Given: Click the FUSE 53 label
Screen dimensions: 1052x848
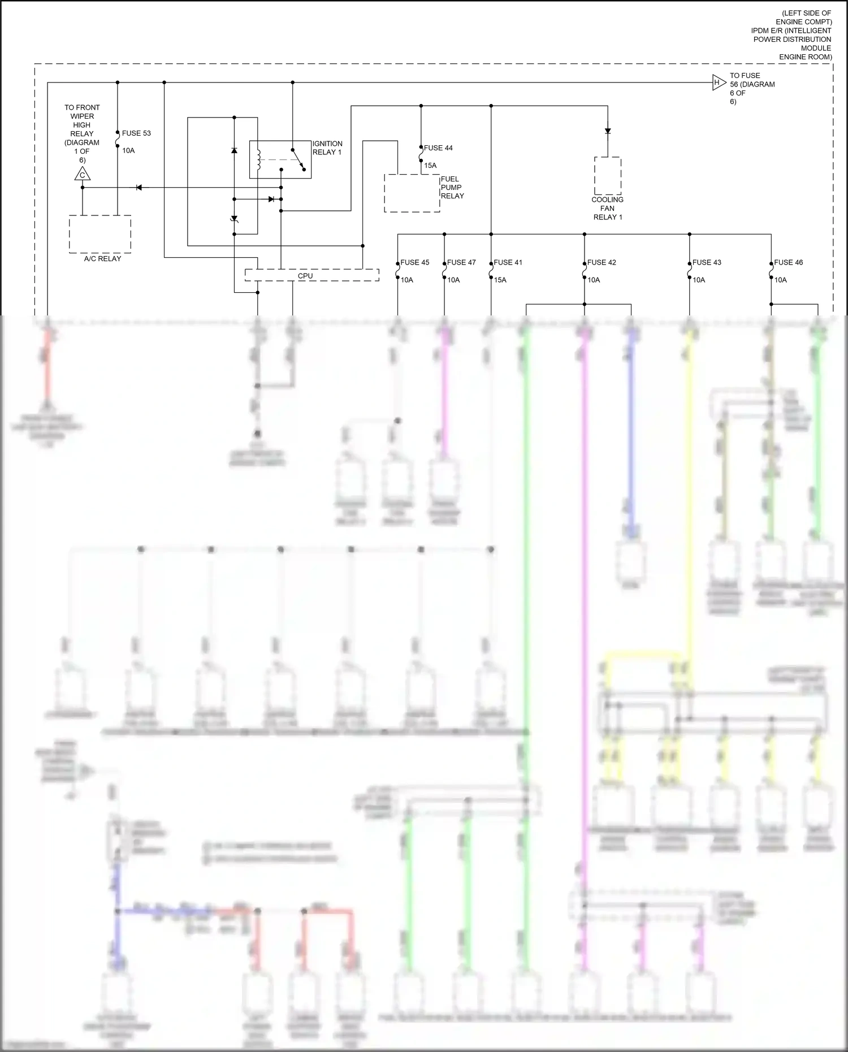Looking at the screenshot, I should [136, 133].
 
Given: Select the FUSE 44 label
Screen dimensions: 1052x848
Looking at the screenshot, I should [438, 148].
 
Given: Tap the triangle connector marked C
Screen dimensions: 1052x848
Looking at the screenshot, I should [83, 175].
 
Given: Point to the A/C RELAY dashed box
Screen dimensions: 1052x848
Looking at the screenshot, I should [100, 233].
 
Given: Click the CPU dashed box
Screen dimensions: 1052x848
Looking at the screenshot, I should [311, 275].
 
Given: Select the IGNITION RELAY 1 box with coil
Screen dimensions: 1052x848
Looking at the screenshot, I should [280, 159].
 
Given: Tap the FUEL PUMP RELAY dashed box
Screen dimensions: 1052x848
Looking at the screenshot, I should [412, 193].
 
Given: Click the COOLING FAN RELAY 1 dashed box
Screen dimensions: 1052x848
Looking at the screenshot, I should [608, 176].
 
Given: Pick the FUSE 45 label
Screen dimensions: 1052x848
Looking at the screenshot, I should [415, 262].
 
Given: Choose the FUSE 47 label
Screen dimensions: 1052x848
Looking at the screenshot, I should [461, 262].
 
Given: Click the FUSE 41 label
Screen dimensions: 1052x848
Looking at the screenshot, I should [508, 262].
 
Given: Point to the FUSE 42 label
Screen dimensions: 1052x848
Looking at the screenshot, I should [602, 262].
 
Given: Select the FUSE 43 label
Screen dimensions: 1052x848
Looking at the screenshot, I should [707, 262].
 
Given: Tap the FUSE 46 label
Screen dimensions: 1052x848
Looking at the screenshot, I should [788, 262].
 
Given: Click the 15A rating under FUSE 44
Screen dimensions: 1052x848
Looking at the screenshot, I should [430, 166].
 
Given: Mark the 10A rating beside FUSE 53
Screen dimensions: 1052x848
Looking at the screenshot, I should [128, 151].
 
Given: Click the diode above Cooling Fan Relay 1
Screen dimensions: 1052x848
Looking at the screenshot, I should [608, 131].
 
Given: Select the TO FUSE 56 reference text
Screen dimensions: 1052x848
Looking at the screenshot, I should [752, 88].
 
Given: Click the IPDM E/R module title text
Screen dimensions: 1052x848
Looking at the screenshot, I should [791, 35].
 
